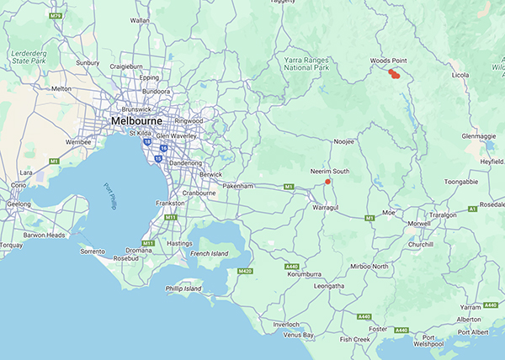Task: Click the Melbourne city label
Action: pyautogui.click(x=137, y=121)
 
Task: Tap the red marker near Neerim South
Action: pyautogui.click(x=327, y=181)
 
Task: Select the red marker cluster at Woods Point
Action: pyautogui.click(x=394, y=74)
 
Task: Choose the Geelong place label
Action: pyautogui.click(x=18, y=204)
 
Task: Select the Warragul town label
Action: pyautogui.click(x=326, y=206)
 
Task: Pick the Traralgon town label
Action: pyautogui.click(x=450, y=215)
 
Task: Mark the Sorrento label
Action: pyautogui.click(x=92, y=251)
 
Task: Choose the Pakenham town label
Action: pyautogui.click(x=238, y=184)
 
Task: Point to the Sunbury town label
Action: pyautogui.click(x=88, y=62)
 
